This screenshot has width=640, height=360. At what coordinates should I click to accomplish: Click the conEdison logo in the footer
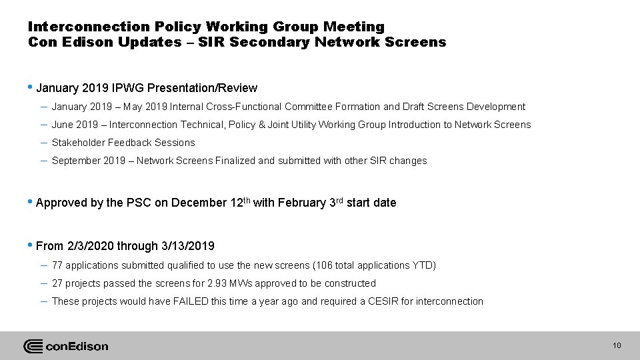(x=65, y=346)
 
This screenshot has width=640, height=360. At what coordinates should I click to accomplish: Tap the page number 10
(x=617, y=345)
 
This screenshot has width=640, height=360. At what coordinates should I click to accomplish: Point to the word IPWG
(x=129, y=88)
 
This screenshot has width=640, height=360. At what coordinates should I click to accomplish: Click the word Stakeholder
(x=78, y=143)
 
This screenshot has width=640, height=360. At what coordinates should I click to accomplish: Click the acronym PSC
(x=140, y=203)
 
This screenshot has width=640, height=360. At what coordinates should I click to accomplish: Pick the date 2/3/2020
(x=91, y=247)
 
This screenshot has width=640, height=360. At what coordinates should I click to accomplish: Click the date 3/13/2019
(x=188, y=247)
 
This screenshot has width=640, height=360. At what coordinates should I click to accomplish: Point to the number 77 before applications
(x=57, y=265)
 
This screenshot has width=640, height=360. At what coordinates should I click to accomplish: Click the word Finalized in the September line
(x=234, y=161)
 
